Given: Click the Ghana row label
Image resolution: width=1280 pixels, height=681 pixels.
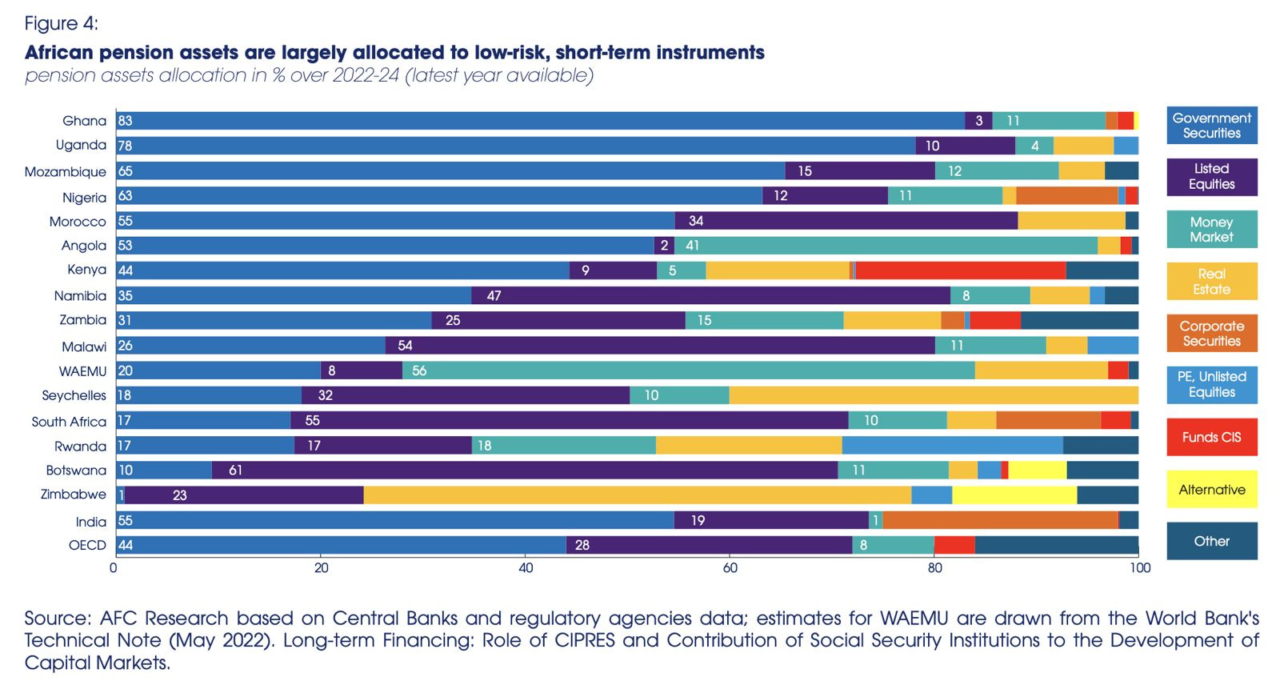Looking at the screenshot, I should (84, 121).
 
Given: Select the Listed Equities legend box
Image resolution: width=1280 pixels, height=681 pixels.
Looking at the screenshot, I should (1211, 177).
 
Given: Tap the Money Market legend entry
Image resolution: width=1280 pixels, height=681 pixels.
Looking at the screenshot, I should (1211, 230).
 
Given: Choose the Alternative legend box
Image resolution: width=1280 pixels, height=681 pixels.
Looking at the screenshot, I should (1211, 490).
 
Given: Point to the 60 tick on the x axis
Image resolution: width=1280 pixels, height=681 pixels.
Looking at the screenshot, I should (730, 568).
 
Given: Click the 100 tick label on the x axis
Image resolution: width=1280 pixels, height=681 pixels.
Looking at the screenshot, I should (1139, 568).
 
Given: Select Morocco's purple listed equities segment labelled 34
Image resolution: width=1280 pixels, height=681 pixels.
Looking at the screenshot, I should (846, 221).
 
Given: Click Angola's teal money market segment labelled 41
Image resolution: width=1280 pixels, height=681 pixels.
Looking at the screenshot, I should (886, 246).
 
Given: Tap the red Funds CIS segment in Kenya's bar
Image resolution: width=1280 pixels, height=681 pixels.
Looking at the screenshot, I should (960, 270).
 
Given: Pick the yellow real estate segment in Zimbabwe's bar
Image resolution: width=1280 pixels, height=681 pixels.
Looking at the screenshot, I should (637, 495).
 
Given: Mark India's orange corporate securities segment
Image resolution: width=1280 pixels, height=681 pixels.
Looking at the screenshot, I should (1000, 520).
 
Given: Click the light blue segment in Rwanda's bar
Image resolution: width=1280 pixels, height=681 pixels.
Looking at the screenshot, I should (952, 445).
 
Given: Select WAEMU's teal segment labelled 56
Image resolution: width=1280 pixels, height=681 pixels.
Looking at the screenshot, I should (688, 371).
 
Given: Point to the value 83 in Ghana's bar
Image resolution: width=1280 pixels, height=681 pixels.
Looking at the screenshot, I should (125, 121).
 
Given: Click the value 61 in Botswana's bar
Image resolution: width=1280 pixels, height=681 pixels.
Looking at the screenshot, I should (235, 470).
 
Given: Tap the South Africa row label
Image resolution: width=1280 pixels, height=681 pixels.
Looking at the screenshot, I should (69, 421).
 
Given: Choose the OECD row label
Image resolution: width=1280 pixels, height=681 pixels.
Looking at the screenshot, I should (87, 545).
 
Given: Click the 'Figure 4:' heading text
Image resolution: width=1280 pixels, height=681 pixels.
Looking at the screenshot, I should (61, 23).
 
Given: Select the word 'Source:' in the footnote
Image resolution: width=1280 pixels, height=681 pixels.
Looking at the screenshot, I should (58, 619).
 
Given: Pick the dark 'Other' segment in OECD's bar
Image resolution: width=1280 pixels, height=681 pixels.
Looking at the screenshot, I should (1056, 545).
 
